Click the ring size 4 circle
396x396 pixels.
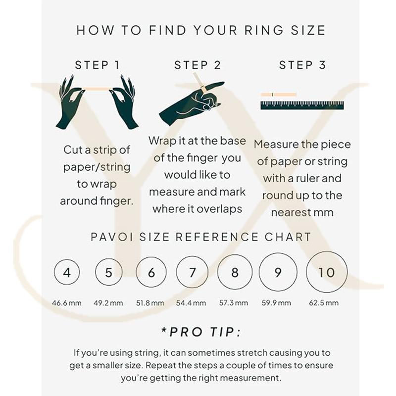54,272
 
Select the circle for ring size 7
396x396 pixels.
177,272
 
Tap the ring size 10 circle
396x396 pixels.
306,272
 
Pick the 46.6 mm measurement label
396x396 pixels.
67,303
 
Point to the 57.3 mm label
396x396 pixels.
234,303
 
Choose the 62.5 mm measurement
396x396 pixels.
324,303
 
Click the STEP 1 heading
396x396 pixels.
97,65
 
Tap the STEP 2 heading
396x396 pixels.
198,65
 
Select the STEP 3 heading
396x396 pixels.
302,65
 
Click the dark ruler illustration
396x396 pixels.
302,105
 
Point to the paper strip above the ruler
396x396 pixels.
279,95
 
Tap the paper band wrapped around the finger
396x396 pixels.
203,89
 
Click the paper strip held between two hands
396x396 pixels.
98,89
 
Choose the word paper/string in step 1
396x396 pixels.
97,167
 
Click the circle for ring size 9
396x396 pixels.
259,272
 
